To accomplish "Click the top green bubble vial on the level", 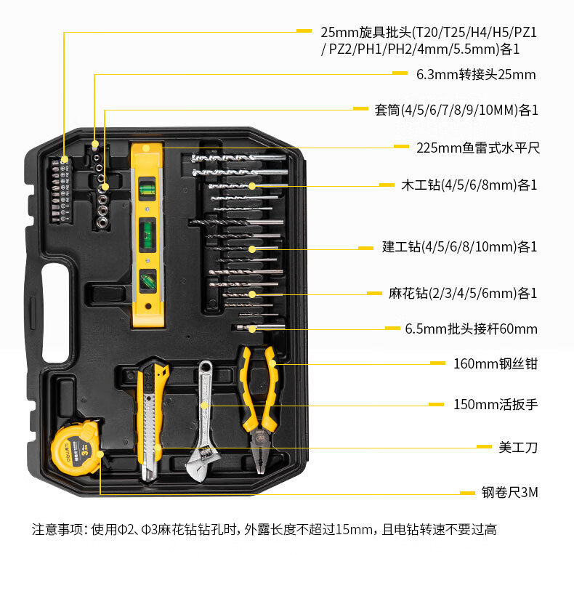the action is (147, 188).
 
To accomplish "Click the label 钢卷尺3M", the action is (510, 492).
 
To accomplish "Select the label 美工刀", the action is (518, 448).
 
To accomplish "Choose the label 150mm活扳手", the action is (496, 404).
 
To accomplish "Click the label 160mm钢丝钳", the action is (496, 363).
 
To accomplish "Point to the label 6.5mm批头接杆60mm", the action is (472, 329).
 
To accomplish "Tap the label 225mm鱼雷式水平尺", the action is (478, 148).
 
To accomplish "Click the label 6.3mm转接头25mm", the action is (476, 74).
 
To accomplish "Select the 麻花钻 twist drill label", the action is (463, 294).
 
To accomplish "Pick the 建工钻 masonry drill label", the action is (460, 246).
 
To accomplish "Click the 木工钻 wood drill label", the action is (469, 185).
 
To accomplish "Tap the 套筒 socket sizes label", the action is (456, 110).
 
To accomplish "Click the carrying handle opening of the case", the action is (56, 313).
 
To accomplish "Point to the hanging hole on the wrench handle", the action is (206, 368).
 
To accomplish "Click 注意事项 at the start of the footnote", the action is (57, 529).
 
